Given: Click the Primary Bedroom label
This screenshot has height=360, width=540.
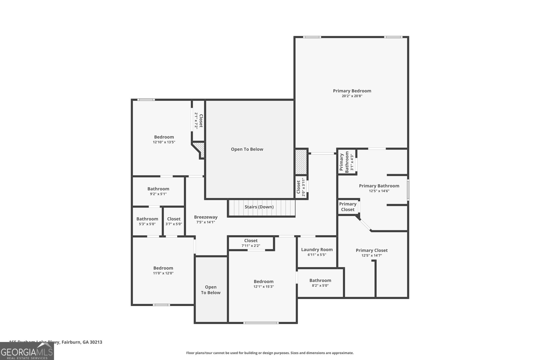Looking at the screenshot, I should (352, 91).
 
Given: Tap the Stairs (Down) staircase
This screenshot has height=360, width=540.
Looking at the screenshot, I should (262, 207).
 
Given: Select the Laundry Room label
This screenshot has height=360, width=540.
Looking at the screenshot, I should (317, 250).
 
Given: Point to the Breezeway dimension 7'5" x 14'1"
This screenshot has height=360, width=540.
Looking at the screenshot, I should (206, 222).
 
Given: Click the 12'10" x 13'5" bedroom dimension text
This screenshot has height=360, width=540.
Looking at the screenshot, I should (164, 142).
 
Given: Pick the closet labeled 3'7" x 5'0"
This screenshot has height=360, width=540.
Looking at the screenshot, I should (173, 221).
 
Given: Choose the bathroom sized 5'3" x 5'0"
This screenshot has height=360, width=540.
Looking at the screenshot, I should (147, 221).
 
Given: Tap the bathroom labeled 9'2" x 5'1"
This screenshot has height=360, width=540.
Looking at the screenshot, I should (158, 191).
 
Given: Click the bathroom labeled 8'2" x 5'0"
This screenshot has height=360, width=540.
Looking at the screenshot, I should (320, 283).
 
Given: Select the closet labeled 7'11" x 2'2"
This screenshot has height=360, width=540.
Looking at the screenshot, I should (251, 243).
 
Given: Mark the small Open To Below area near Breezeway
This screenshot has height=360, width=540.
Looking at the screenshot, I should (211, 290).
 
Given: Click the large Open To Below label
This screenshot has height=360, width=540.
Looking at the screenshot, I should (247, 149).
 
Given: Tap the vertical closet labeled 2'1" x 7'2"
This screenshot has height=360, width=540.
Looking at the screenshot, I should (198, 120).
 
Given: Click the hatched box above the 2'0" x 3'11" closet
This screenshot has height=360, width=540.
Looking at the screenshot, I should (300, 162).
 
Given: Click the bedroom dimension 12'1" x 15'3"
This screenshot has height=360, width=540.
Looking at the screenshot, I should (264, 286).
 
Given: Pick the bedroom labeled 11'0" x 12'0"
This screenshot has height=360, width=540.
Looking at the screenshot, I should (163, 270).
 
